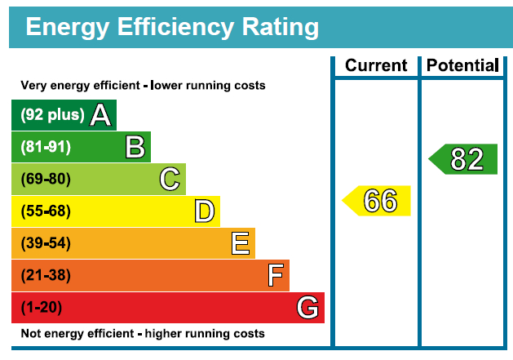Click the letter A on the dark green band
(100, 115)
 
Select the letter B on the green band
(135, 147)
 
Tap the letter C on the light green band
(170, 179)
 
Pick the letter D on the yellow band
(205, 211)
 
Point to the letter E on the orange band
(240, 243)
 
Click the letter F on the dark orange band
(276, 276)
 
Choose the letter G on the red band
(307, 308)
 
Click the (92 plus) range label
(52, 115)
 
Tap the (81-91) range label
(46, 147)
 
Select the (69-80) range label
(46, 179)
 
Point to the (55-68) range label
(46, 211)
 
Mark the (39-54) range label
(46, 243)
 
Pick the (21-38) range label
(46, 276)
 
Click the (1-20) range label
(42, 308)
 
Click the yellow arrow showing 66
(377, 201)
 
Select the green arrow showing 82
(464, 159)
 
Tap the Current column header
(376, 66)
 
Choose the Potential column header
(462, 66)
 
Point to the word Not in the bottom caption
(30, 333)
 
